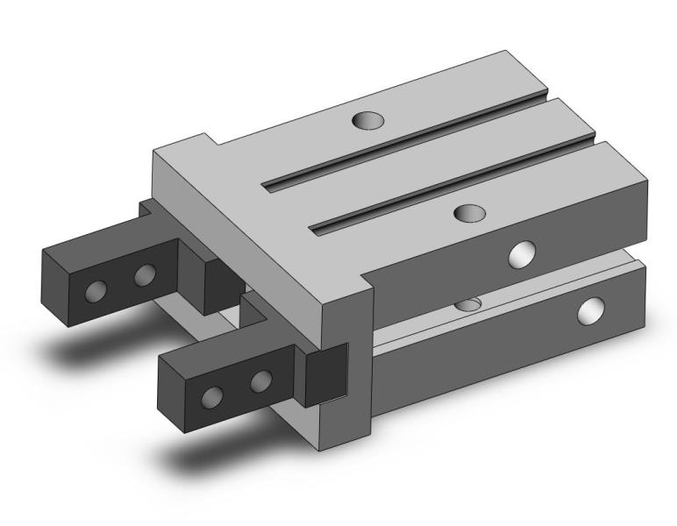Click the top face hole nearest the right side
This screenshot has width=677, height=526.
[x=471, y=212]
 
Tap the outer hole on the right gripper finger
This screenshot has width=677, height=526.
[x=212, y=397]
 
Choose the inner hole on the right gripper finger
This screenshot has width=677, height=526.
[x=260, y=381]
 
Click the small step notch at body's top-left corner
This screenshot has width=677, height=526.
[x=209, y=140]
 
